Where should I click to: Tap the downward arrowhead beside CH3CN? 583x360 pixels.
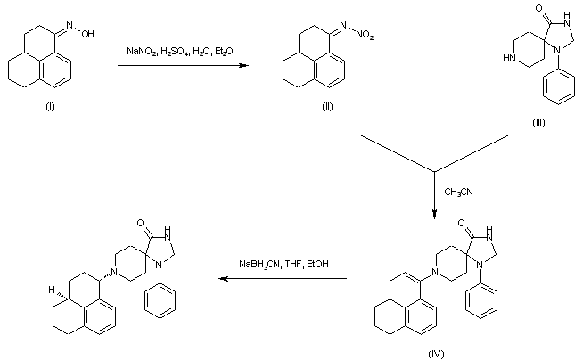pos(434,212)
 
